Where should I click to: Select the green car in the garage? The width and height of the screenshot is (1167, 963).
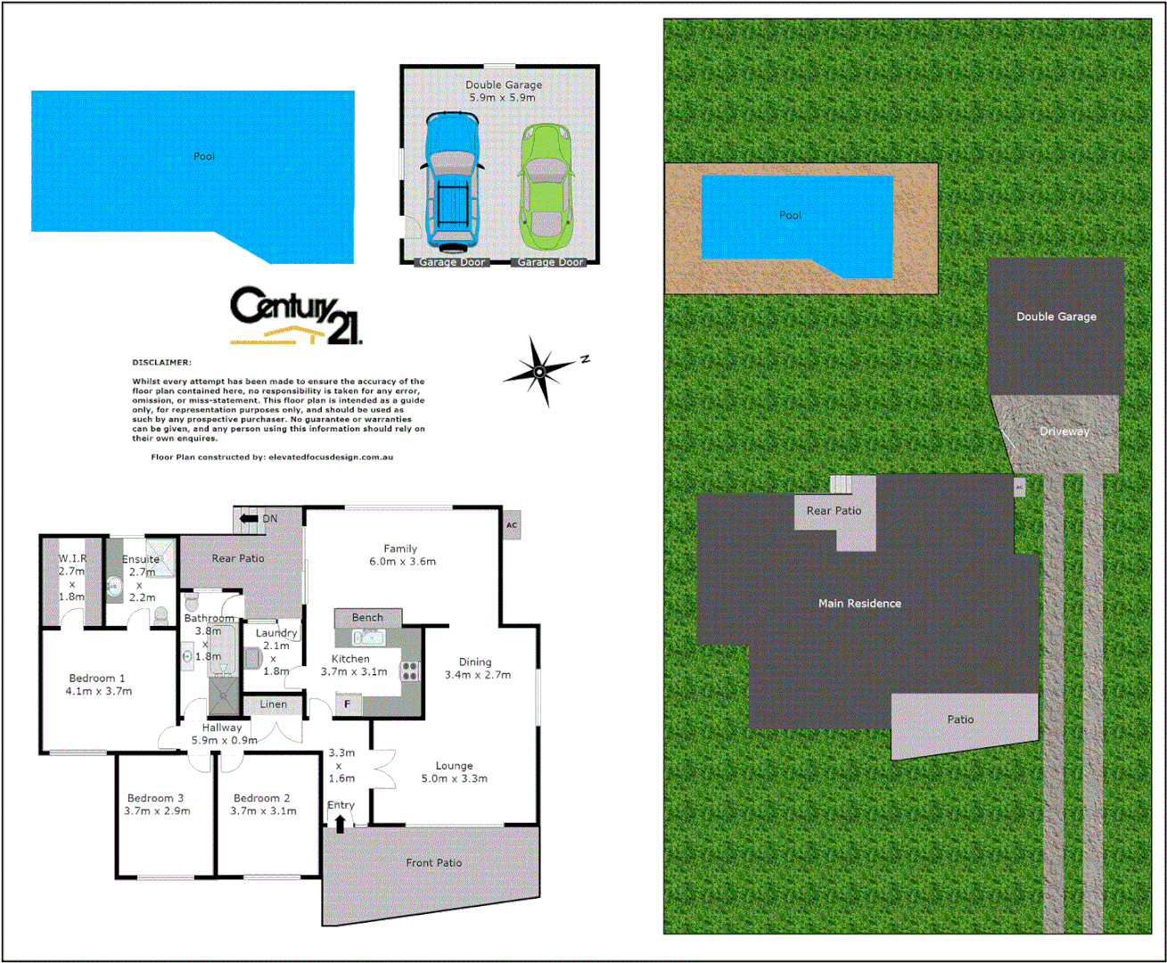click(545, 187)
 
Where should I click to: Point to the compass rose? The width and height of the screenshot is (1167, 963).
click(540, 370)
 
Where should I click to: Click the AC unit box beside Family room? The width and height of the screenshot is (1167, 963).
click(511, 525)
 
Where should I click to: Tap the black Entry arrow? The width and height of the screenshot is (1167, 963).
click(340, 824)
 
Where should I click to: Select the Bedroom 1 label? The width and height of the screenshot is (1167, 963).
click(97, 679)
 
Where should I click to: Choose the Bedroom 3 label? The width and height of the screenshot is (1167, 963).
click(155, 798)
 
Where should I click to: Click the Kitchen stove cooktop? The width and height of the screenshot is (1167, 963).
click(410, 671)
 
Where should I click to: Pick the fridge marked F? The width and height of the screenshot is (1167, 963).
click(348, 704)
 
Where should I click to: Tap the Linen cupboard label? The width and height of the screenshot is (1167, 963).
click(274, 704)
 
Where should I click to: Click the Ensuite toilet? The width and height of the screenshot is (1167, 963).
click(160, 615)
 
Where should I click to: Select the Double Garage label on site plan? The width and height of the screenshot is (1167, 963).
click(1056, 317)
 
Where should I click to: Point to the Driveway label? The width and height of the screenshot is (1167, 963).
click(1064, 432)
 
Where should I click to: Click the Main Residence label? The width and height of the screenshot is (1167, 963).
click(859, 604)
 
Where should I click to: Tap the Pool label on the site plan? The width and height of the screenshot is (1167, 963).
click(790, 215)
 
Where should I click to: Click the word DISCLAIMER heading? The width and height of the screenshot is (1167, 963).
click(161, 363)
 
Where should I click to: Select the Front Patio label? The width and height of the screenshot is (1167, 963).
click(434, 863)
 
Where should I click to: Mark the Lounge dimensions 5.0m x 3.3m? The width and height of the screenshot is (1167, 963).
click(454, 778)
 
